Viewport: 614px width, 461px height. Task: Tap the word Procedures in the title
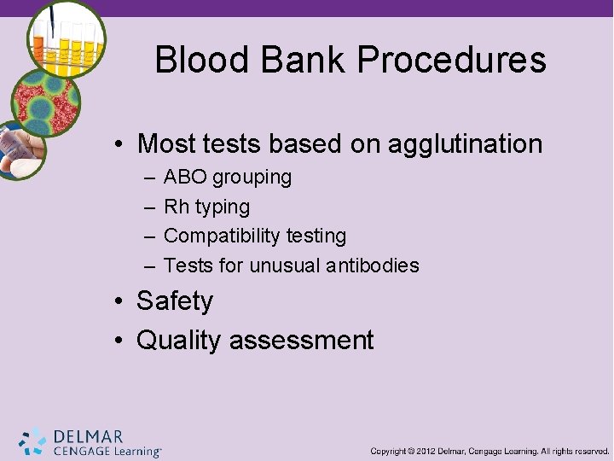point(451,61)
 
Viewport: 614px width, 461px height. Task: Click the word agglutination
point(465,143)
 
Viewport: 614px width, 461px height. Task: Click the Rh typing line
point(206,207)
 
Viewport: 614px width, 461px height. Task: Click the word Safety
point(175,301)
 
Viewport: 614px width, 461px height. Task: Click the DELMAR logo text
point(88,436)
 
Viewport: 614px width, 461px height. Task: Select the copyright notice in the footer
point(489,450)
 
